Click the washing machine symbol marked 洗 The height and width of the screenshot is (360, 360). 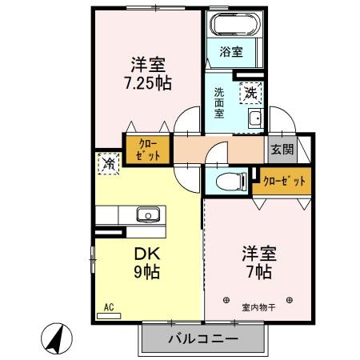pos(252,93)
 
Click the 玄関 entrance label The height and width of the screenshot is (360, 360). pos(282,149)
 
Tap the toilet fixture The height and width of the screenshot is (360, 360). pos(230,179)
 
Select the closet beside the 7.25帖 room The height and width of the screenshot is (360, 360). pos(147,149)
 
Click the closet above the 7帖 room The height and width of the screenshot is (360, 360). pos(284,181)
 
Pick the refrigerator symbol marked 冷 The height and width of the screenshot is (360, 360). pos(109,164)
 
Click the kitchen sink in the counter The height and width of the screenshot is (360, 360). pos(147,214)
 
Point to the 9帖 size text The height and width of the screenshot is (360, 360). pos(146,272)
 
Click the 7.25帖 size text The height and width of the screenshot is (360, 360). pos(148,82)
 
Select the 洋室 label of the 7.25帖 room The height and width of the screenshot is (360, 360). pos(147,64)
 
